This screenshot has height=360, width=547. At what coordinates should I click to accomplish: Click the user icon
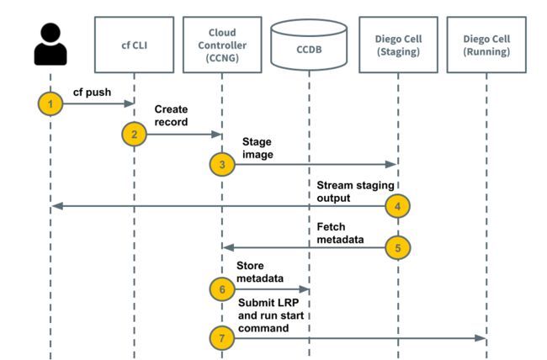[x=50, y=44]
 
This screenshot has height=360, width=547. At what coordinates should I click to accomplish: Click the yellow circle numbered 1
[x=50, y=103]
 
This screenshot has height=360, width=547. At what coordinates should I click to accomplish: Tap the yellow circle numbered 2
[x=135, y=135]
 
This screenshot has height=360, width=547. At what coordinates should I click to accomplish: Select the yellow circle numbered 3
[x=222, y=164]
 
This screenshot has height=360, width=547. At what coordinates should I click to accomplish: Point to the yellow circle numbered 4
[x=398, y=206]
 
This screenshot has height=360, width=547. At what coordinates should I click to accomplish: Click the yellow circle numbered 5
[x=398, y=247]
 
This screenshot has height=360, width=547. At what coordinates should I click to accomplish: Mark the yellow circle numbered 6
[x=222, y=289]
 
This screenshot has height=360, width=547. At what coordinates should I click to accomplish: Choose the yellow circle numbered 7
[x=222, y=338]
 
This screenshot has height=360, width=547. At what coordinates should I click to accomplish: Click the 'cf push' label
[x=92, y=92]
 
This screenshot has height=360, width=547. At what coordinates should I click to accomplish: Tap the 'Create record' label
[x=172, y=115]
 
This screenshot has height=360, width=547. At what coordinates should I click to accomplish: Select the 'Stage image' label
[x=258, y=148]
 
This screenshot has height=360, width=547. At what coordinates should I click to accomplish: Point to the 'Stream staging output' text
[x=355, y=192]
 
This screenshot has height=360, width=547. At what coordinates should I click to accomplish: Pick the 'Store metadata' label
[x=260, y=272]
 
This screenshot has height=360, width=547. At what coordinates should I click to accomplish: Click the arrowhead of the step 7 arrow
[x=481, y=338]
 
